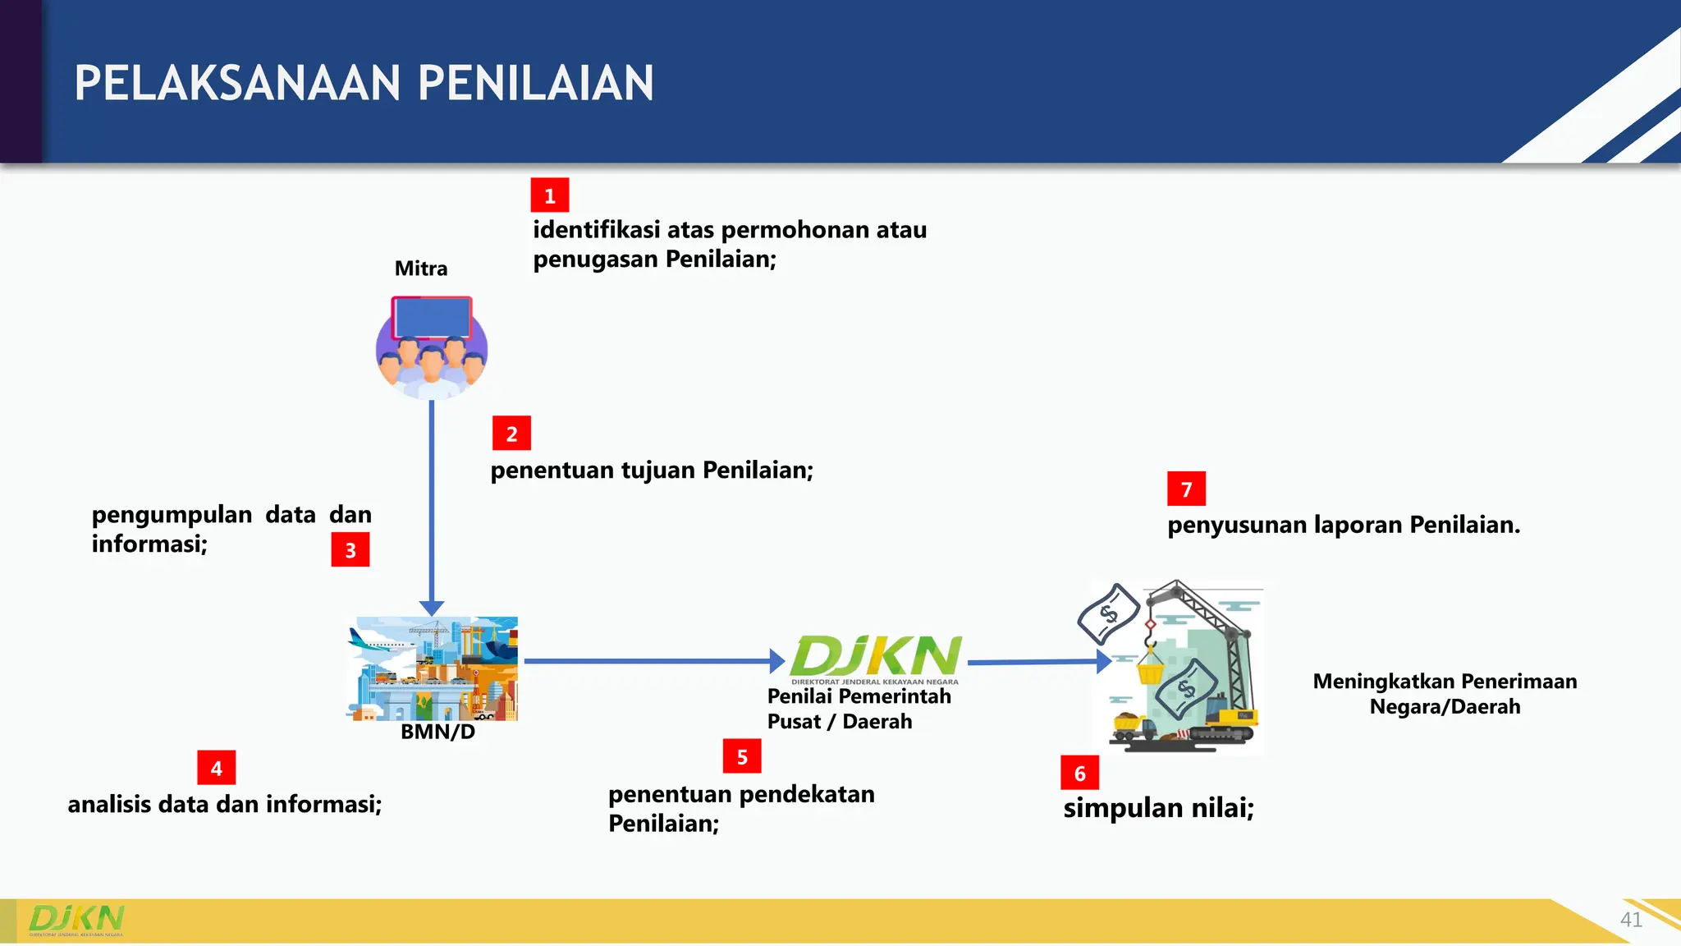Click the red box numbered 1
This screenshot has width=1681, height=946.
[x=549, y=195]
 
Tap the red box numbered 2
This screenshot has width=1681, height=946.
[x=511, y=434]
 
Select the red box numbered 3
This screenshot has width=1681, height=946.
[x=350, y=550]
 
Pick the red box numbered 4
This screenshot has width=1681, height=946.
[x=217, y=768]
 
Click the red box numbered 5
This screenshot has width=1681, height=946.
[x=742, y=756]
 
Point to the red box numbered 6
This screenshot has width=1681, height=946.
[x=1079, y=773]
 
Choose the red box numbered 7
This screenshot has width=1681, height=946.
[x=1186, y=489]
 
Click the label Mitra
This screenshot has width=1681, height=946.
[x=421, y=269]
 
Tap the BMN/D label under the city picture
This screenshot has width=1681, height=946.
[x=437, y=732]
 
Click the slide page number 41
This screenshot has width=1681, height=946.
[x=1631, y=920]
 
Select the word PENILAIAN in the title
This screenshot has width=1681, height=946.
[x=536, y=84]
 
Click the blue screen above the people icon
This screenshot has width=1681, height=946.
[x=432, y=318]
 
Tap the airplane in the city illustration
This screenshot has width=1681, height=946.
[x=379, y=641]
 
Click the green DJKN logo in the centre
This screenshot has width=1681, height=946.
[x=875, y=657]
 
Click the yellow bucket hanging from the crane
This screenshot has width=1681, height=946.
[x=1150, y=673]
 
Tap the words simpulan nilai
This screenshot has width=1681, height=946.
[x=1158, y=808]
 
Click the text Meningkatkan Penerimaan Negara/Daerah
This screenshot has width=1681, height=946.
[x=1445, y=694]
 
